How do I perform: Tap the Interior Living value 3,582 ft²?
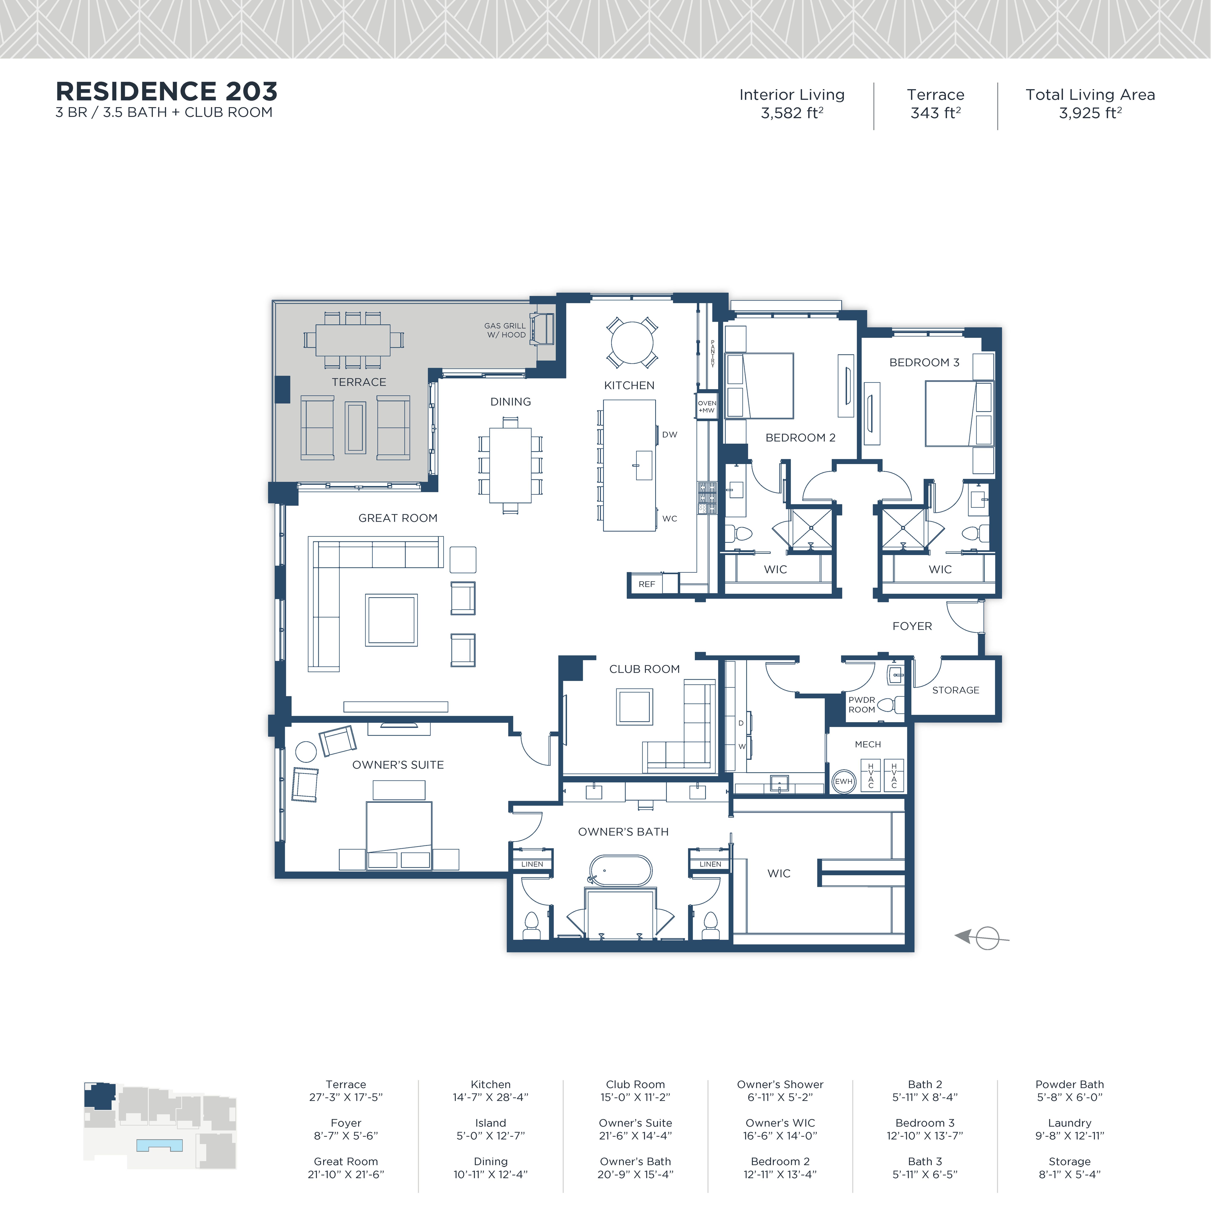point(792,114)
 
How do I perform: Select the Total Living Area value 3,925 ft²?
point(1090,114)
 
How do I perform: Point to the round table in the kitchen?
point(632,342)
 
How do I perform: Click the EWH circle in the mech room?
point(844,781)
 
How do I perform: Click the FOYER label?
point(912,626)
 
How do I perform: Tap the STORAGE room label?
point(955,690)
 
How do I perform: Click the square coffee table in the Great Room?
point(391,620)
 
